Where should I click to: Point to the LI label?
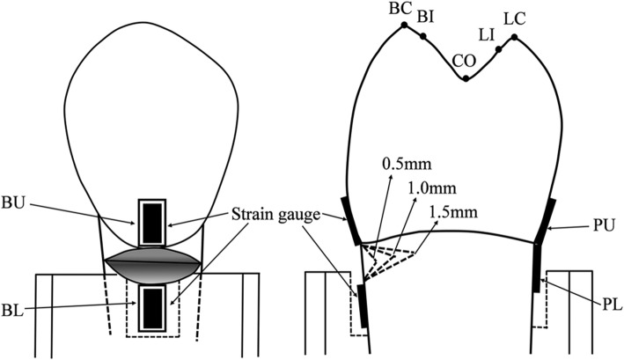pyautogui.click(x=487, y=34)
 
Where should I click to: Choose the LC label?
pyautogui.click(x=512, y=18)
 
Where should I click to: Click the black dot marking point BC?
pyautogui.click(x=404, y=26)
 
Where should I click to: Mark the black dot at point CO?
pyautogui.click(x=466, y=78)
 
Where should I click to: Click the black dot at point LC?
pyautogui.click(x=515, y=38)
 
